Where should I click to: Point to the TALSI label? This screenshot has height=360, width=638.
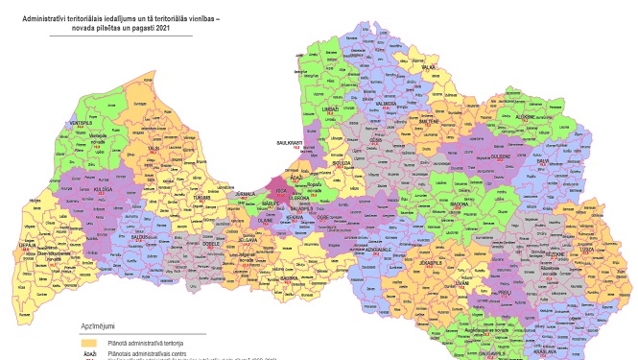point(154,148)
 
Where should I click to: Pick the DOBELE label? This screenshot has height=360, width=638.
point(211,244)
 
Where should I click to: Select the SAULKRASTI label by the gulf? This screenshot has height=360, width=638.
point(290,143)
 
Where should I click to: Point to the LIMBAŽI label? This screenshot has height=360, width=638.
point(331,110)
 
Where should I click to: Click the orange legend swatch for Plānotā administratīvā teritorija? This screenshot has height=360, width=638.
point(88,341)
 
